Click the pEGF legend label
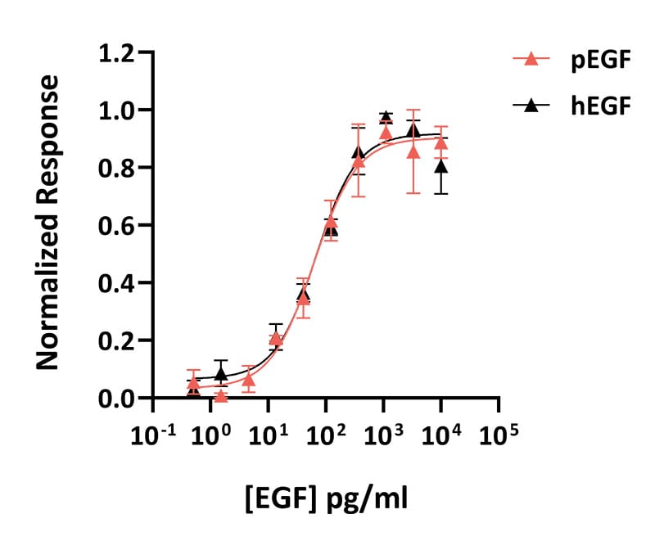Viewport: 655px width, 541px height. point(601,61)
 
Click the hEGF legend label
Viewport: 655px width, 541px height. point(601,106)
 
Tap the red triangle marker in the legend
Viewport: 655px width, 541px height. point(531,59)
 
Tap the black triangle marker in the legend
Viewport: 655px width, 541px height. point(531,105)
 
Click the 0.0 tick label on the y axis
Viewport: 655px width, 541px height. point(116,399)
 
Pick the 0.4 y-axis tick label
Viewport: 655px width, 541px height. point(116,284)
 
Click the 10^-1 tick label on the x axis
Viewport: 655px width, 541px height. point(153,435)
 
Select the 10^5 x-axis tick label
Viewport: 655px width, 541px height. point(499,435)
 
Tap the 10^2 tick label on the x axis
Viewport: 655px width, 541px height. point(326,435)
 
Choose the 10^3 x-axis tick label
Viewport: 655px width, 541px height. point(383,435)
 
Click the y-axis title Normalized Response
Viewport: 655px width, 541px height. point(47,223)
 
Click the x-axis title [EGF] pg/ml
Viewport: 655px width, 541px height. point(326,498)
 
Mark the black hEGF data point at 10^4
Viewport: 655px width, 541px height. point(441,167)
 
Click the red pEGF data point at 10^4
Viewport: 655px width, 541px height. point(441,143)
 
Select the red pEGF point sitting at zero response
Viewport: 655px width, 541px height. point(221,396)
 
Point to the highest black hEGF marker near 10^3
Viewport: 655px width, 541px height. point(386,116)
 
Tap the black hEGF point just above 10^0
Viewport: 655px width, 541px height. point(221,373)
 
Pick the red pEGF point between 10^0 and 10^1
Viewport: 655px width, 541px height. point(249,379)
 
